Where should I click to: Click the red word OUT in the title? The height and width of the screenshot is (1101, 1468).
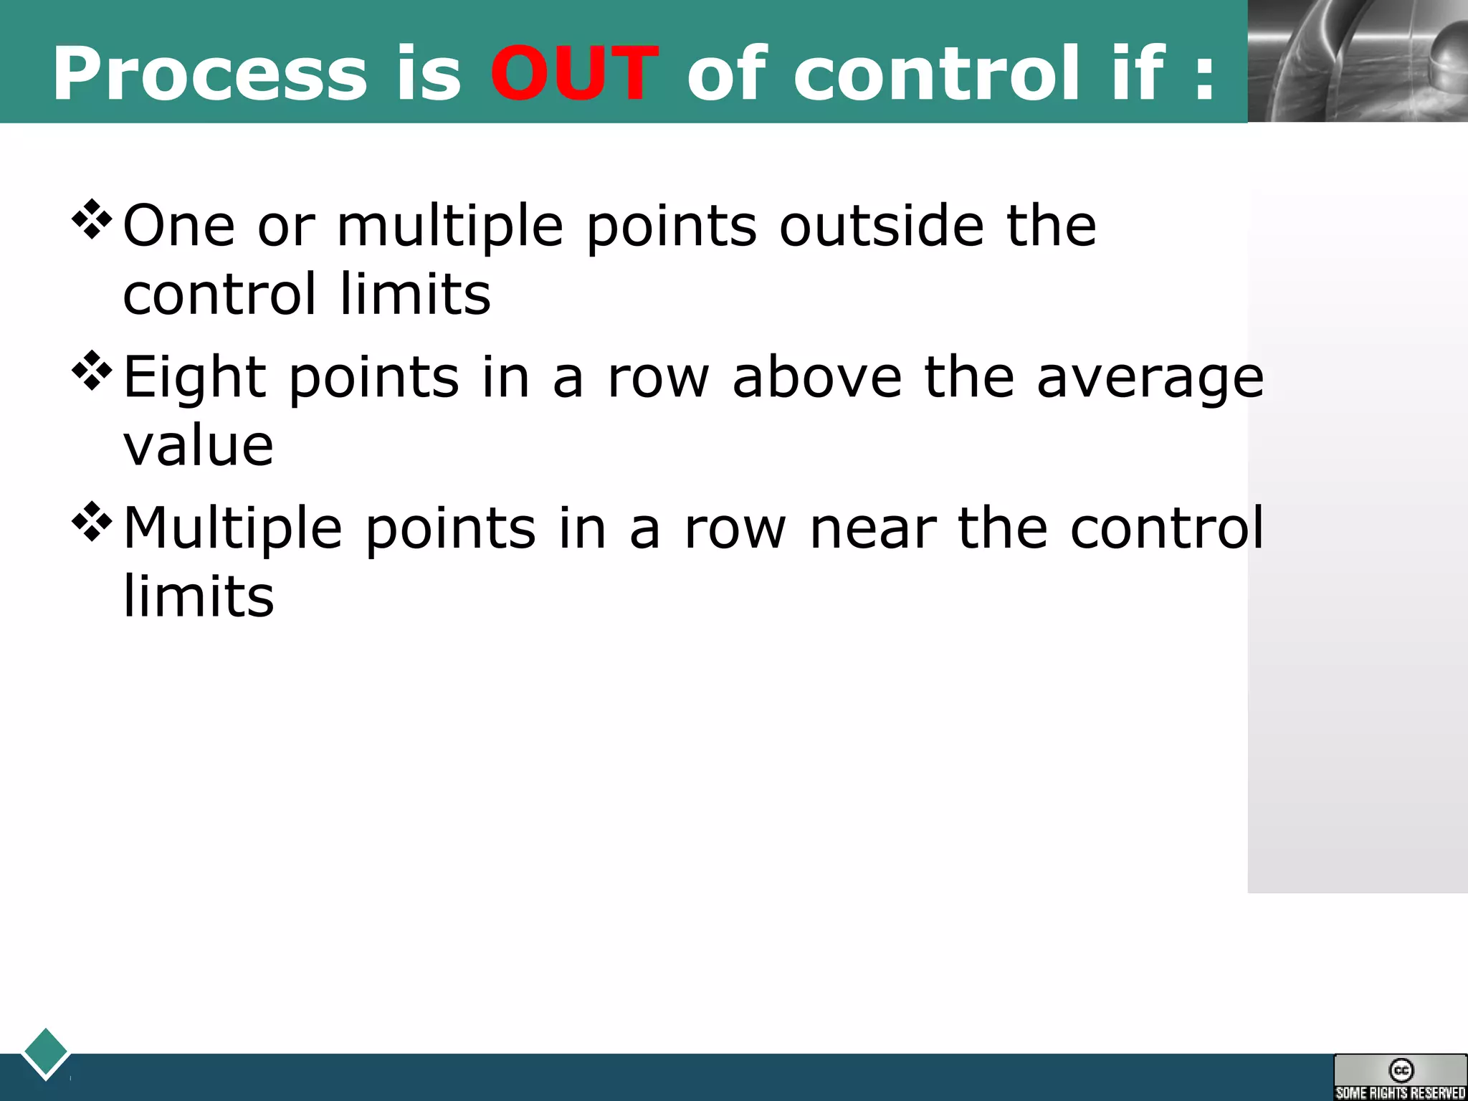coord(573,74)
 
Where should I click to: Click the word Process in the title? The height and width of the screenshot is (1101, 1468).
coord(209,74)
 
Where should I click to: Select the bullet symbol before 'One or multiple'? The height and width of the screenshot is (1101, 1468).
coord(92,219)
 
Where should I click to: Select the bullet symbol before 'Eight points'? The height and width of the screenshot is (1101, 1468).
coord(92,371)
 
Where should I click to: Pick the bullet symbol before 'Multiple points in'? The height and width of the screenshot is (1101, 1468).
coord(92,522)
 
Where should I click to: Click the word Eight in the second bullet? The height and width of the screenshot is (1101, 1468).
coord(195,378)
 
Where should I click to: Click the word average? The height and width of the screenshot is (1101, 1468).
coord(1150,378)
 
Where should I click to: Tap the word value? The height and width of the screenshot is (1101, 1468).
coord(199,446)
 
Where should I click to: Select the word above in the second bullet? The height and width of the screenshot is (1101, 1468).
coord(816,377)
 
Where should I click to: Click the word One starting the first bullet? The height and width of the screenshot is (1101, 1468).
coord(179,226)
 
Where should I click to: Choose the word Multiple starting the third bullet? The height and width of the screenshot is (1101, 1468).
coord(233,529)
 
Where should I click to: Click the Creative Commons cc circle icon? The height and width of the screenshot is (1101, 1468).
coord(1401,1070)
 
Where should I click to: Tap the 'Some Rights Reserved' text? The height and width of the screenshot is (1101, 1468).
coord(1400,1092)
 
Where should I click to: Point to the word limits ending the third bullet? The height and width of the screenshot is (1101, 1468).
coord(199,596)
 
